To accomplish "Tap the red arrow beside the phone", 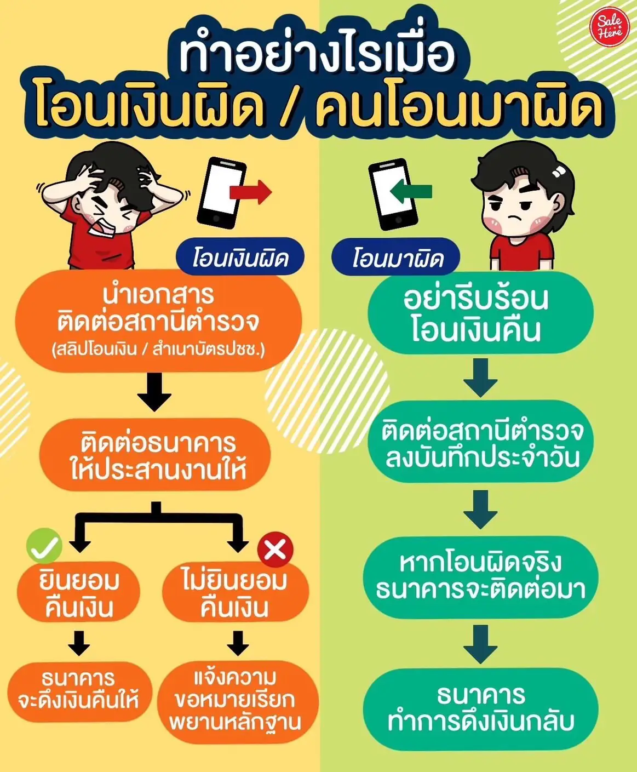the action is [251, 192].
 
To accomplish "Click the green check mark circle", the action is [44, 546].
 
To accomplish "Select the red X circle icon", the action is [276, 550].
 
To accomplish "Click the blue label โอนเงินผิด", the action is [240, 257].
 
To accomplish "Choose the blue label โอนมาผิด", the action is [396, 257].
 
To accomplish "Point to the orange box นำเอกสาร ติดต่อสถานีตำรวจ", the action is [159, 320].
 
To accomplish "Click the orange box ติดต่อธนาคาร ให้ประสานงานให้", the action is [155, 454].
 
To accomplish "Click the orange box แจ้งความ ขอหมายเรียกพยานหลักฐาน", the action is [238, 702].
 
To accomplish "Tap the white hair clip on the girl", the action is [559, 171].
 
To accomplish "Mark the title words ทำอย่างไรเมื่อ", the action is [317, 55].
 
